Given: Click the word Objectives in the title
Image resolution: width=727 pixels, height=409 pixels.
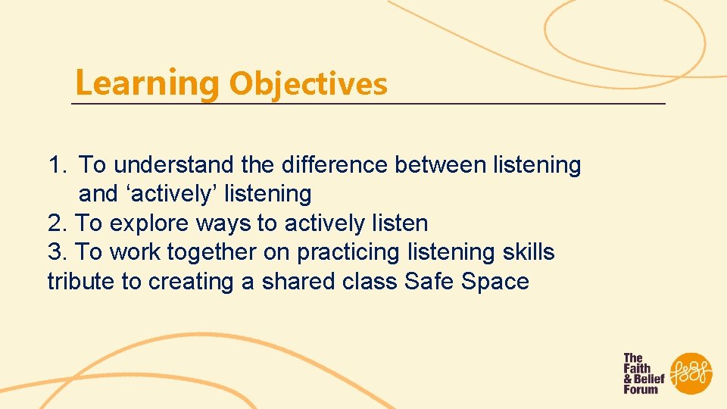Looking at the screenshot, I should pos(307,83).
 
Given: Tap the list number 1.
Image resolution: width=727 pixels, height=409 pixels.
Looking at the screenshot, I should pos(57,164).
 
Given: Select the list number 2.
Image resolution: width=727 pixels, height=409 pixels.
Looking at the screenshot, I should pos(57,223).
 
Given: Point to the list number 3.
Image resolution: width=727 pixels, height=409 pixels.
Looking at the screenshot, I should pos(57,252).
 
